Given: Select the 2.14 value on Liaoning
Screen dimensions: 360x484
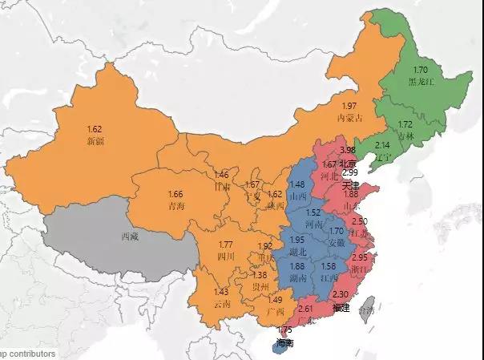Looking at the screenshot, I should (x=382, y=144).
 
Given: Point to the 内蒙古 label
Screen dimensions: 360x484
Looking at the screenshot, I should (x=349, y=117).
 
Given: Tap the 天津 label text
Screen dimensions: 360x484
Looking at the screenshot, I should (x=349, y=184).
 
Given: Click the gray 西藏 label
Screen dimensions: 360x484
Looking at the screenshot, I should (x=130, y=237).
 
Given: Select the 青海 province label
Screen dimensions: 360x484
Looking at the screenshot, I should (x=176, y=205).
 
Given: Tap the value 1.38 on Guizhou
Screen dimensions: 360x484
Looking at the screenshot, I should (x=260, y=275).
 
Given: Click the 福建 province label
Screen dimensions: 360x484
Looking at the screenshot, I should (x=341, y=306).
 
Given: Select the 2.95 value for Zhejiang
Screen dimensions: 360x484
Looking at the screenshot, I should (x=359, y=257).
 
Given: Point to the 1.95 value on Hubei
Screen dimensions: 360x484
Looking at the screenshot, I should (x=296, y=241).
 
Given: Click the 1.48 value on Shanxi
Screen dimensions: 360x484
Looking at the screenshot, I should (x=298, y=184).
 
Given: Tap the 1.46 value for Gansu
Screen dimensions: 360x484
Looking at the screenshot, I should (x=221, y=174).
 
